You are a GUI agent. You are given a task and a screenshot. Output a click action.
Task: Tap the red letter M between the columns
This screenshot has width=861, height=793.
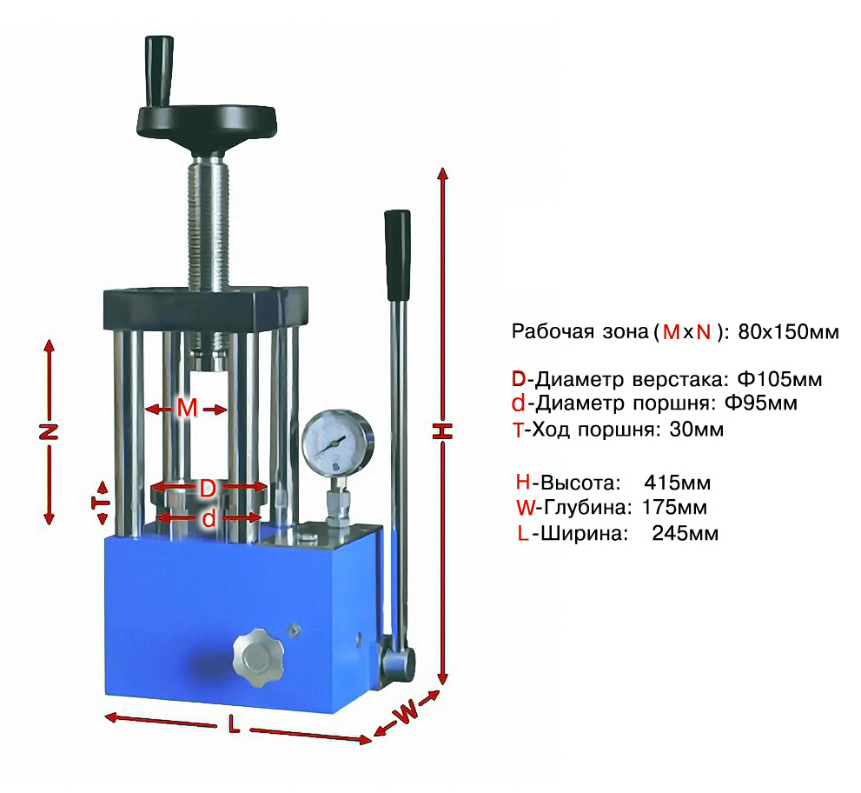pyautogui.click(x=187, y=409)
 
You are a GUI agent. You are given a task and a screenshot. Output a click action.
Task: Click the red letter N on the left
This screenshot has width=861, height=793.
pyautogui.click(x=49, y=431)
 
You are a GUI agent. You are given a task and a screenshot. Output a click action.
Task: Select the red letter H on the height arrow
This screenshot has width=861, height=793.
pyautogui.click(x=442, y=431)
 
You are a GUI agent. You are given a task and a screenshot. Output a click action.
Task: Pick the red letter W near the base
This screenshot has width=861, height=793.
pyautogui.click(x=407, y=714)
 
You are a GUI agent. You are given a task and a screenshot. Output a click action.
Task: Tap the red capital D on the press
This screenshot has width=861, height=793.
pyautogui.click(x=207, y=488)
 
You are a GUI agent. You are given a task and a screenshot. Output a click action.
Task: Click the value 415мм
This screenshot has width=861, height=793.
pyautogui.click(x=677, y=483)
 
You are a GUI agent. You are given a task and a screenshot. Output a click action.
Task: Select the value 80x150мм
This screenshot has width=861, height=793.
pyautogui.click(x=789, y=331)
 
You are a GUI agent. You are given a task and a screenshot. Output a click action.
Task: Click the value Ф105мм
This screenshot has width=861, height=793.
pyautogui.click(x=779, y=378)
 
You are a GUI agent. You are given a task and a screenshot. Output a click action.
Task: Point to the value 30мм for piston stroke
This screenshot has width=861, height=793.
pyautogui.click(x=696, y=429)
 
